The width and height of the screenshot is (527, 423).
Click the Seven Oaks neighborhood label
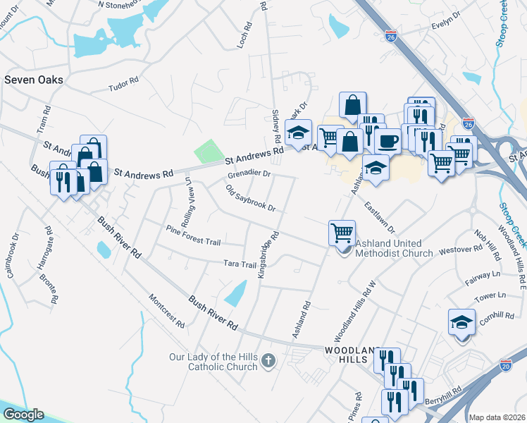(x=34, y=80)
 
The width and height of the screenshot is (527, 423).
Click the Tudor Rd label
(x=124, y=87)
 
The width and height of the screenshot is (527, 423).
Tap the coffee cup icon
(x=387, y=140)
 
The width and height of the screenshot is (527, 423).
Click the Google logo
(x=23, y=415)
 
